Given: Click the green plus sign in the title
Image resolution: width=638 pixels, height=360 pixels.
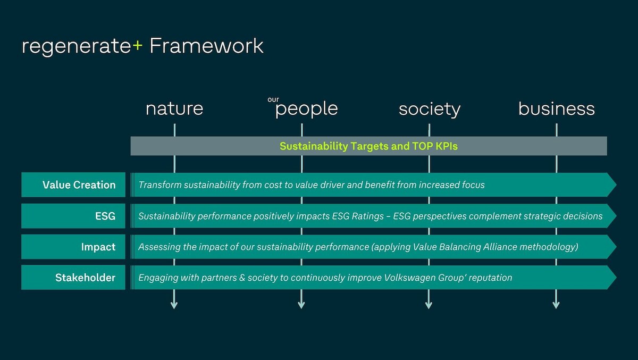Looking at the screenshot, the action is click(x=137, y=46).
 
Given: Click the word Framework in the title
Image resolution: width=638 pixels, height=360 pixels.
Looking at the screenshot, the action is click(x=206, y=46).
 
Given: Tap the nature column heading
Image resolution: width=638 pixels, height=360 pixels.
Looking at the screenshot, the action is click(x=174, y=108).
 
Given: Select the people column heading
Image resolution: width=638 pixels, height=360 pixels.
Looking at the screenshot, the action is click(x=306, y=110).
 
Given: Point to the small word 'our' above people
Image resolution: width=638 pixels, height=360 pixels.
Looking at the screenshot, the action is click(x=273, y=99).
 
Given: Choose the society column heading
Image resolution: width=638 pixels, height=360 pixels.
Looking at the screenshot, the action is click(x=430, y=110).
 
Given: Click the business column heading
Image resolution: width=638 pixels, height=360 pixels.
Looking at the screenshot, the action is click(x=557, y=108).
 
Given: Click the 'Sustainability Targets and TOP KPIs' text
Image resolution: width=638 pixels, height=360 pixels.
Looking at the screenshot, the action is click(x=368, y=146).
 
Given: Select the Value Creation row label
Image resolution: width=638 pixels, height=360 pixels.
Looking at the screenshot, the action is click(x=79, y=185).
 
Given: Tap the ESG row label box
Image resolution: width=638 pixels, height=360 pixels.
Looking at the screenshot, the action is click(x=73, y=216).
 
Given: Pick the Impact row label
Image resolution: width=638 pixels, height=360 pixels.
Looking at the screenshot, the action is click(x=98, y=247).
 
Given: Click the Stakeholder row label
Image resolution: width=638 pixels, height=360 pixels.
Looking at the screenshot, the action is click(x=86, y=278).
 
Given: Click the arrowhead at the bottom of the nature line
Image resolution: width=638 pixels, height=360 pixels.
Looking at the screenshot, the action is click(x=174, y=305).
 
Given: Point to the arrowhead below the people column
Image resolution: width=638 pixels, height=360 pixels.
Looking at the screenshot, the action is click(x=301, y=305).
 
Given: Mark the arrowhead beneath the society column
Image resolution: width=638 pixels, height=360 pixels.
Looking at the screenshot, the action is click(x=429, y=305).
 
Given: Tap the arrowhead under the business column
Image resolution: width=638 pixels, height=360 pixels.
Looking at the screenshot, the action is click(x=556, y=305).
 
